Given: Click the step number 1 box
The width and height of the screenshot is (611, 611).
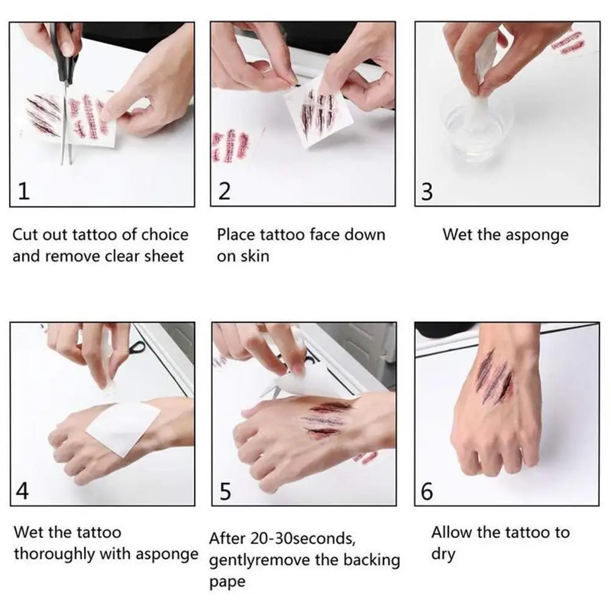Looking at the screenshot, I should tap(23, 192).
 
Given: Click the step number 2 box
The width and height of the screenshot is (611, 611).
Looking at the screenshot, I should tap(224, 192).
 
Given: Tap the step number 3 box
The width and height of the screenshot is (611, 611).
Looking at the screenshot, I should tap(427, 192).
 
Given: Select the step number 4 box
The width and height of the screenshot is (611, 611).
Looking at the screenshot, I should tap(23, 491).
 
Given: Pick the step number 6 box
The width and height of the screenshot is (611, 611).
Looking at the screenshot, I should tap(427, 491).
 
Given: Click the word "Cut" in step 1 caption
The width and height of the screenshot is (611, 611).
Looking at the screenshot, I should tap(26, 235).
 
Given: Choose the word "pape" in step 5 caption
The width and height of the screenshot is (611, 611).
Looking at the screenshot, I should tap(227, 581).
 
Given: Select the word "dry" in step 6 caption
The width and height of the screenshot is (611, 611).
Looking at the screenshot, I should tap(443, 554).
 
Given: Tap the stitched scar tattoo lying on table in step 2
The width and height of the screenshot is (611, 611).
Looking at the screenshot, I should tap(231, 147).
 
